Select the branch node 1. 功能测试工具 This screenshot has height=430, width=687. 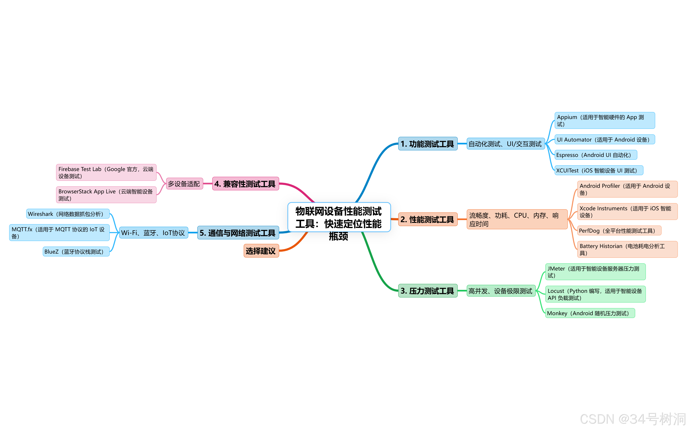[427, 144]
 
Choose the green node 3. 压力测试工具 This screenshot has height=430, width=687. [427, 291]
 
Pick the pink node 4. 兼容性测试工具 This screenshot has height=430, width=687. [245, 184]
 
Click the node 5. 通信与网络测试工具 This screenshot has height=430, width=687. [238, 233]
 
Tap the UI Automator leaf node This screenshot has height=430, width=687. [604, 140]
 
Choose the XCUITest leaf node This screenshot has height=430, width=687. [598, 170]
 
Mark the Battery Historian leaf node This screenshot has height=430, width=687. [627, 249]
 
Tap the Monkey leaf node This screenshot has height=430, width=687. [590, 313]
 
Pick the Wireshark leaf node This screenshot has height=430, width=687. [68, 214]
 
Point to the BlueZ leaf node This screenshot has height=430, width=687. [76, 252]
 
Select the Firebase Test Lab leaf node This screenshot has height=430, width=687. [106, 172]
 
